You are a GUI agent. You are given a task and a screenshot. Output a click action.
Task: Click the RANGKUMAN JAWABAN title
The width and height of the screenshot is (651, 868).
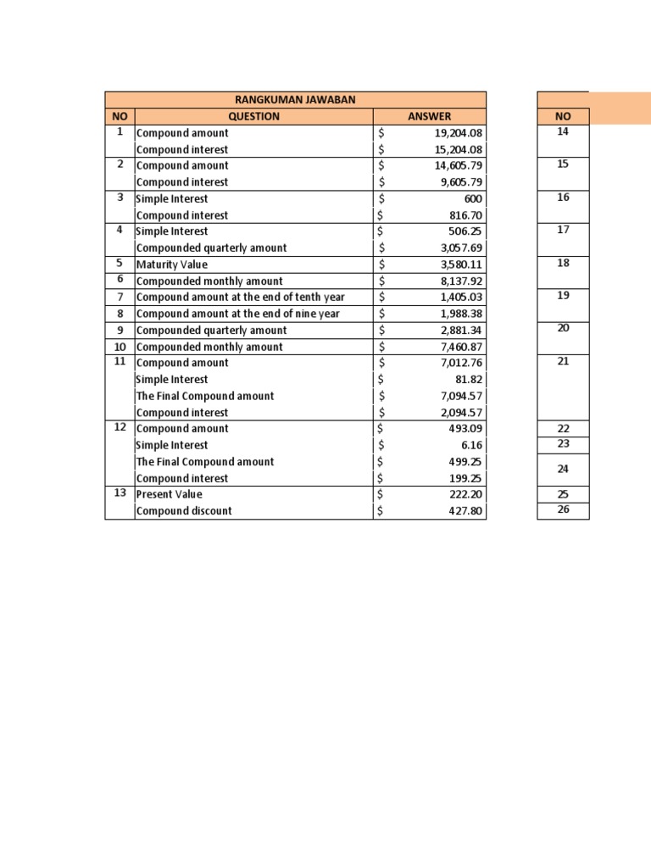[x=295, y=100]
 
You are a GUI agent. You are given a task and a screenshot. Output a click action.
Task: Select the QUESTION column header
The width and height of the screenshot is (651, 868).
[x=253, y=116]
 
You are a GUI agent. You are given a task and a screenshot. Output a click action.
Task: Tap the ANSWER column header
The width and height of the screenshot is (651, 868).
[x=429, y=116]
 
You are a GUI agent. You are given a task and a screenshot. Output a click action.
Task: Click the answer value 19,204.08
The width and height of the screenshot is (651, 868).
[x=458, y=133]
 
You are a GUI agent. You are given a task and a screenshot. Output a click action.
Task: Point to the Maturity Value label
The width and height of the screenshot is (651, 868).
[x=171, y=264]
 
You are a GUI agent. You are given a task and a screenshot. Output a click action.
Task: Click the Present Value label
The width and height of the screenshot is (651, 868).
[x=170, y=494]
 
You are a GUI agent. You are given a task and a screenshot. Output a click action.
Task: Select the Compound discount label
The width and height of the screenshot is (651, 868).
[x=184, y=511]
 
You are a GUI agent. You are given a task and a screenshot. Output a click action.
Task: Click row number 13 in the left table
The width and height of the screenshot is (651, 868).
[x=120, y=492]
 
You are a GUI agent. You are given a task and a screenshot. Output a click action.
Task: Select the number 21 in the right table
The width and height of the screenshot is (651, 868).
[x=563, y=362]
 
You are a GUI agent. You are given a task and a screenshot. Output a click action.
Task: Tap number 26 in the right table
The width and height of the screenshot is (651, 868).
[x=563, y=510]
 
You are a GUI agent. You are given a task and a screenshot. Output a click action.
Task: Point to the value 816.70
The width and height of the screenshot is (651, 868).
[x=465, y=215]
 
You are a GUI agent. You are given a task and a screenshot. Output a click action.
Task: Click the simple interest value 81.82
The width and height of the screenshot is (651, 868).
[x=469, y=380]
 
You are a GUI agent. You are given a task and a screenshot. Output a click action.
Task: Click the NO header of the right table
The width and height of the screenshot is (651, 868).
[x=563, y=116]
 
